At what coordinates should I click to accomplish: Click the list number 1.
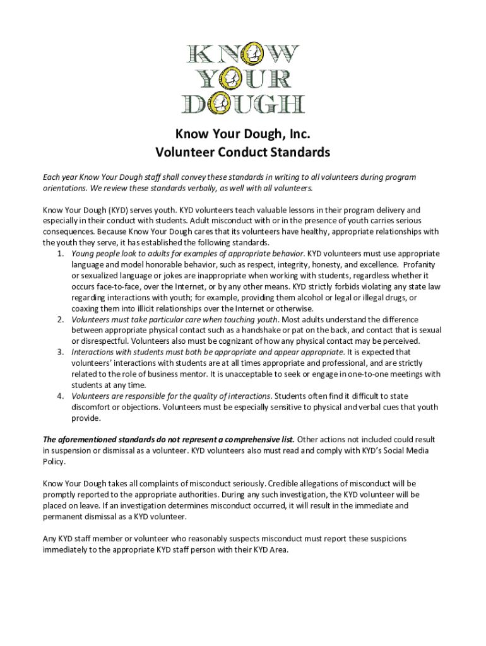pyautogui.click(x=60, y=254)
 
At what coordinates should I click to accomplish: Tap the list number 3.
pyautogui.click(x=60, y=352)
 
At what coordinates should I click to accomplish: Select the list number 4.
pyautogui.click(x=60, y=396)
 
